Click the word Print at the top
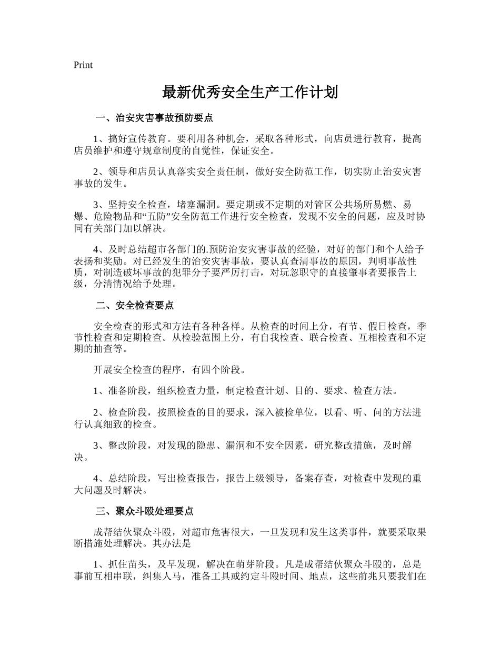pyautogui.click(x=83, y=65)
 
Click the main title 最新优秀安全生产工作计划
pyautogui.click(x=249, y=93)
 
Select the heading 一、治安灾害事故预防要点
pyautogui.click(x=154, y=117)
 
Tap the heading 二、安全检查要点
pyautogui.click(x=135, y=306)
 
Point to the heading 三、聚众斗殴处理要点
pyautogui.click(x=145, y=511)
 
